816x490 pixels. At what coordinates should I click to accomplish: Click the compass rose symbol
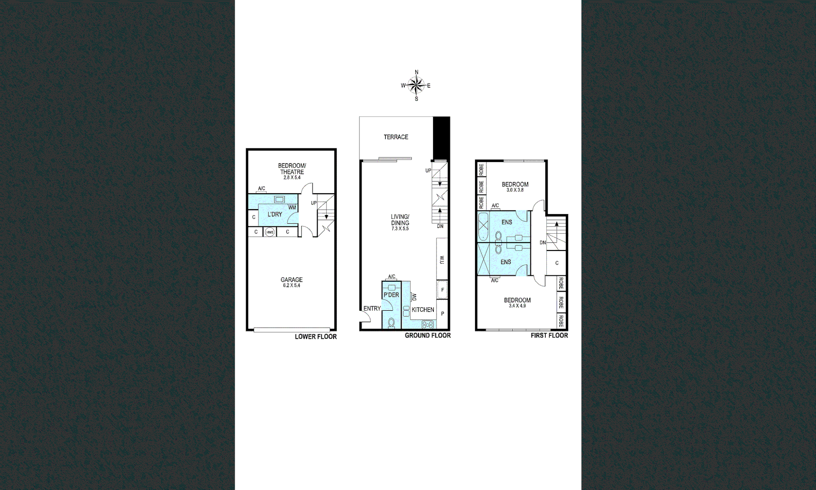point(416,85)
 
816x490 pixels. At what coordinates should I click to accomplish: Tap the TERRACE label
point(396,137)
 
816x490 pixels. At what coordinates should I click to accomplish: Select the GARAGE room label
point(291,280)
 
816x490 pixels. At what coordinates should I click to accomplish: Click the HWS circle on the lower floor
point(270,232)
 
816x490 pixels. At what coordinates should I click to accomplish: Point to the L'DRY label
point(275,214)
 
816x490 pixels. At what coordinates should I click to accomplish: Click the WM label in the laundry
point(292,208)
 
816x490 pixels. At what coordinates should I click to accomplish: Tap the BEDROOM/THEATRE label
point(292,169)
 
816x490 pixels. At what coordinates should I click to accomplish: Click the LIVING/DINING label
point(400,220)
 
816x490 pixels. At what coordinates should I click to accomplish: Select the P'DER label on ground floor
point(391,295)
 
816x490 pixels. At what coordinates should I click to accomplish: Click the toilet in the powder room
point(391,323)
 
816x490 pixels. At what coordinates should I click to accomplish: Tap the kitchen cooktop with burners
point(427,324)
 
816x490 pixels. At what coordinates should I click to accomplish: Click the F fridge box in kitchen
point(442,290)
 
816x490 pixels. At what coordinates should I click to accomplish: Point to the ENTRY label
point(372,309)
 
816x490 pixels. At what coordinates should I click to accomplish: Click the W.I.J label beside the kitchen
point(442,260)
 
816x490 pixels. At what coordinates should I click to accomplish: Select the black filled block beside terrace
point(441,137)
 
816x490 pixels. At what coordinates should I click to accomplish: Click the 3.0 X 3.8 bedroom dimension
point(515,190)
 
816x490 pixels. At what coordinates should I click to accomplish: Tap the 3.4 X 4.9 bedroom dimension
point(517,306)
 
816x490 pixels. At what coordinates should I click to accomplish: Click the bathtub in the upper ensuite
point(483,226)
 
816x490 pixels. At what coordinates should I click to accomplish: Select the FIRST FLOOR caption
point(549,335)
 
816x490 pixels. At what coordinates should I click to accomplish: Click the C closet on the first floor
point(557,263)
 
